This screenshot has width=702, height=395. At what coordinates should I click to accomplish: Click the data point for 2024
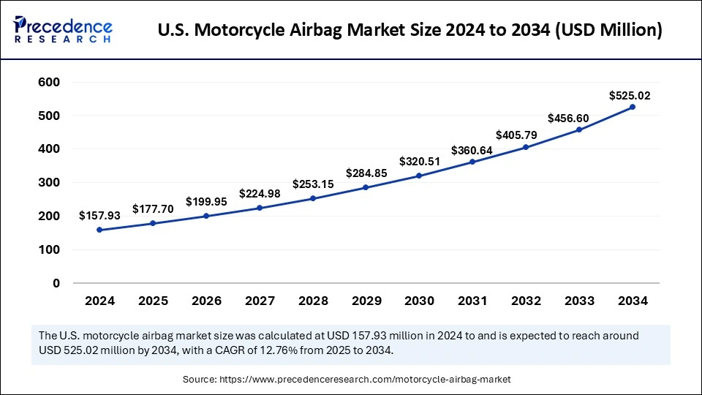coord(99,230)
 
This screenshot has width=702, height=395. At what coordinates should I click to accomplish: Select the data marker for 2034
coord(633,107)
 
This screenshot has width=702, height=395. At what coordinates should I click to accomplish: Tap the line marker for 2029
coord(366,187)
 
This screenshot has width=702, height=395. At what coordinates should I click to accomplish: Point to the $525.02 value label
coord(630,95)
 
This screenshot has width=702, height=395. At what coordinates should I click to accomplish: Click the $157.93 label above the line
coord(99,216)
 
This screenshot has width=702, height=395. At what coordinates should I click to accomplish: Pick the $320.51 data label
coord(420,162)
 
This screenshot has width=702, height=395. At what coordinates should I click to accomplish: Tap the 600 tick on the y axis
coord(49,82)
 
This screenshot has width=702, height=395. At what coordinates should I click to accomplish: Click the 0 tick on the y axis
coord(56,283)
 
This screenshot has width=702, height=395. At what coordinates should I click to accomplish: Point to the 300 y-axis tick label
coord(49,183)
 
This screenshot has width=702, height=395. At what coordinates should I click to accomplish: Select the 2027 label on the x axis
coord(260,301)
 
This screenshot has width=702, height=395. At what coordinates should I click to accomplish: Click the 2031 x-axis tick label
coord(472,301)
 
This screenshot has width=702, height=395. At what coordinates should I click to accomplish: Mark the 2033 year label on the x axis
coord(579,301)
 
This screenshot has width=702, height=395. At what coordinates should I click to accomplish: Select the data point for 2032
coord(526,147)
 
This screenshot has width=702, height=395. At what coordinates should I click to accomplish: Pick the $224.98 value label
coord(260,194)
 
